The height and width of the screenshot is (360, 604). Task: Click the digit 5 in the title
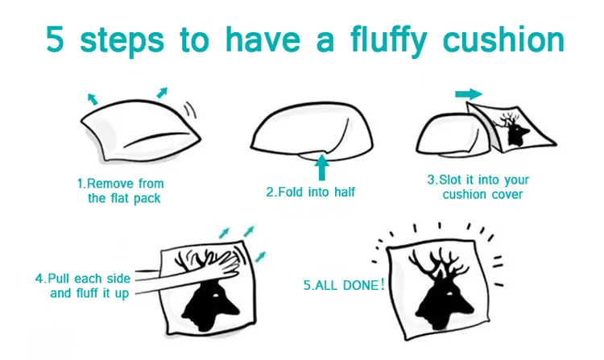[55, 39]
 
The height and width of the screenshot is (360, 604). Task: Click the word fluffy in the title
[389, 41]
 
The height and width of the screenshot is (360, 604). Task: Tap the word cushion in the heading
[504, 39]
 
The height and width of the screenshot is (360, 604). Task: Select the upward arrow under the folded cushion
[321, 167]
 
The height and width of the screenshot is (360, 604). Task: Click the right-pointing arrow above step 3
[469, 94]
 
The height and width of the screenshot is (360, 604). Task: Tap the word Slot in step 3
[450, 180]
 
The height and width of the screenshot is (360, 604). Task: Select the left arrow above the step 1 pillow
[93, 99]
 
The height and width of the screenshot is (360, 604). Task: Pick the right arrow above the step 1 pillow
[162, 93]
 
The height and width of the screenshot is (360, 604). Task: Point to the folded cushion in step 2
[311, 132]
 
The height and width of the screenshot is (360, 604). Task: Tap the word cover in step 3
[507, 194]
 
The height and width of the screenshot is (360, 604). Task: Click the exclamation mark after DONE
[382, 284]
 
